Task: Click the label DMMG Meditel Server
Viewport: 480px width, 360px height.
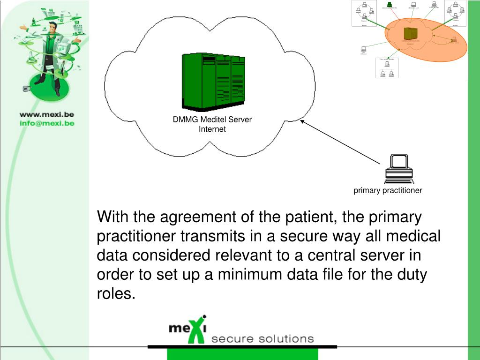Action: click(212, 120)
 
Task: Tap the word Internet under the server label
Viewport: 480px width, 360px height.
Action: click(212, 129)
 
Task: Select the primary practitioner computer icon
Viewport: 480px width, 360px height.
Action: click(399, 169)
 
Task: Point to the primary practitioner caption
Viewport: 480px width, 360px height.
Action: click(388, 190)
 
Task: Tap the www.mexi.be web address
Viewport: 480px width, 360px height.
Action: click(46, 114)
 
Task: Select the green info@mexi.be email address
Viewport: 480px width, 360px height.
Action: click(46, 123)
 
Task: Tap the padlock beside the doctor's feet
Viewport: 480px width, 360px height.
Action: click(26, 89)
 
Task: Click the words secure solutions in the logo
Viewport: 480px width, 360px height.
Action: click(262, 338)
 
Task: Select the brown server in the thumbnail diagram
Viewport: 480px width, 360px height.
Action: click(411, 34)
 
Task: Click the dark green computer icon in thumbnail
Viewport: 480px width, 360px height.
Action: click(390, 5)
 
